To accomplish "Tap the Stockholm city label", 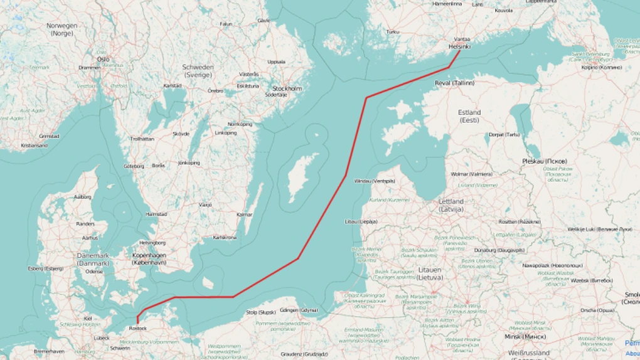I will pyautogui.click(x=287, y=88).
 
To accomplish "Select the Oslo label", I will pyautogui.click(x=103, y=59).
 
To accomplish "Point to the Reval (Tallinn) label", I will pyautogui.click(x=454, y=82).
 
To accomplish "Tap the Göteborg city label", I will pyautogui.click(x=134, y=166).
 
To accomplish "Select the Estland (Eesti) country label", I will pyautogui.click(x=469, y=116).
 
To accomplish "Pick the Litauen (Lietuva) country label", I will pyautogui.click(x=430, y=273).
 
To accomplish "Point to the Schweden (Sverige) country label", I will pyautogui.click(x=198, y=70).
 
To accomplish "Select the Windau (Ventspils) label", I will pyautogui.click(x=375, y=181).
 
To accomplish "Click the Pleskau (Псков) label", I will pyautogui.click(x=545, y=161).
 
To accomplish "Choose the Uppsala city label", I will pyautogui.click(x=276, y=62).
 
